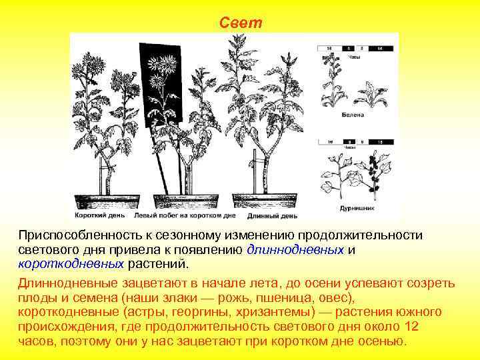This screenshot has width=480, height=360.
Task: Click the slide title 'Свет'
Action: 241,23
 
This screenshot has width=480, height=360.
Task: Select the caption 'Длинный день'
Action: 272,215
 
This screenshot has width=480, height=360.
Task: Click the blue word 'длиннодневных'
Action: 295,250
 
